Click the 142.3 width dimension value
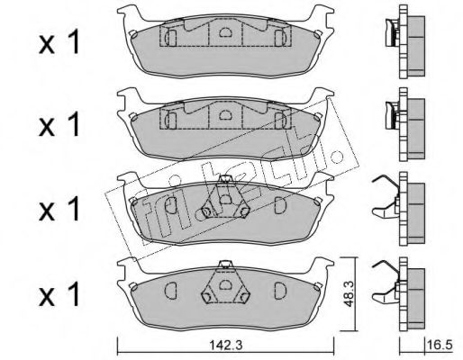(225, 346)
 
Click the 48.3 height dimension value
(349, 294)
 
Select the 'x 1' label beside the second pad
(59, 124)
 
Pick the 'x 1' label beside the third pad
(59, 209)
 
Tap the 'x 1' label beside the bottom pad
(59, 294)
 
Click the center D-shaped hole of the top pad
(225, 32)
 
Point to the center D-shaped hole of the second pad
(225, 114)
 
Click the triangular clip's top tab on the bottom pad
(225, 265)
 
